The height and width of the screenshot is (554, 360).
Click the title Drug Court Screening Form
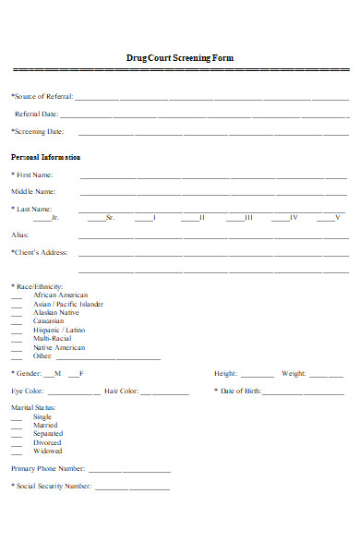pos(180,58)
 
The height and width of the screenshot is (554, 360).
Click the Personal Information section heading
pos(45,157)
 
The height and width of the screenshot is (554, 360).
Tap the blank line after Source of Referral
pos(212,97)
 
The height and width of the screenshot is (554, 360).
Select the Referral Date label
pos(36,114)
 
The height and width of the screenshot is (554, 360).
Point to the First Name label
pos(33,175)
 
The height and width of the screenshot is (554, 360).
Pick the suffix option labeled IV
pos(294,217)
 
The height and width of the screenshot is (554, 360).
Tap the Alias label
pos(20,235)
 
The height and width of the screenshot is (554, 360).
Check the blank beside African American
pos(17,296)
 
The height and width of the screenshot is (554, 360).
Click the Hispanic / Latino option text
pos(59,330)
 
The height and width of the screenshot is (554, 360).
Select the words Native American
pos(59,347)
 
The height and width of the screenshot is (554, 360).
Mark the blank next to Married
pos(17,427)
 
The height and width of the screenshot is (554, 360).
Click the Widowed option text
pos(48,452)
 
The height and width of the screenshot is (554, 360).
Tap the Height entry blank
pos(258,375)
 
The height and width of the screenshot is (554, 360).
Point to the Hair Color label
pos(121,391)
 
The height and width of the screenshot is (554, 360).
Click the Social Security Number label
pos(52,486)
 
